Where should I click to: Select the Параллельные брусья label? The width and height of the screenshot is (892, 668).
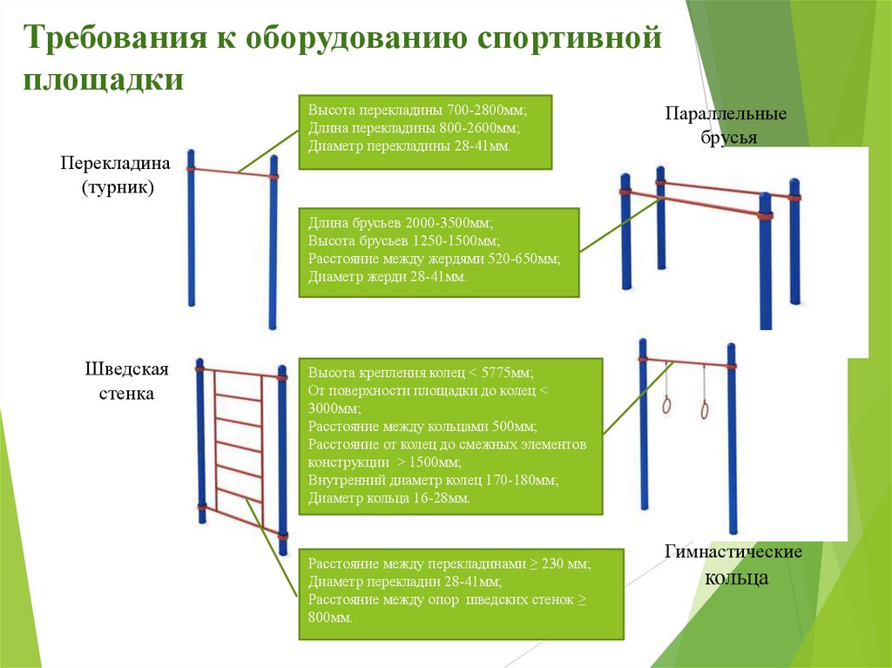coord(726,125)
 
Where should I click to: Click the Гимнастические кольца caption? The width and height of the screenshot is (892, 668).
coord(733,565)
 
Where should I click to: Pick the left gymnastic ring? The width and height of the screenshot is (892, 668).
coord(666,404)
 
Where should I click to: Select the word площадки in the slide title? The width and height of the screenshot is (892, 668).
coord(103,78)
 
